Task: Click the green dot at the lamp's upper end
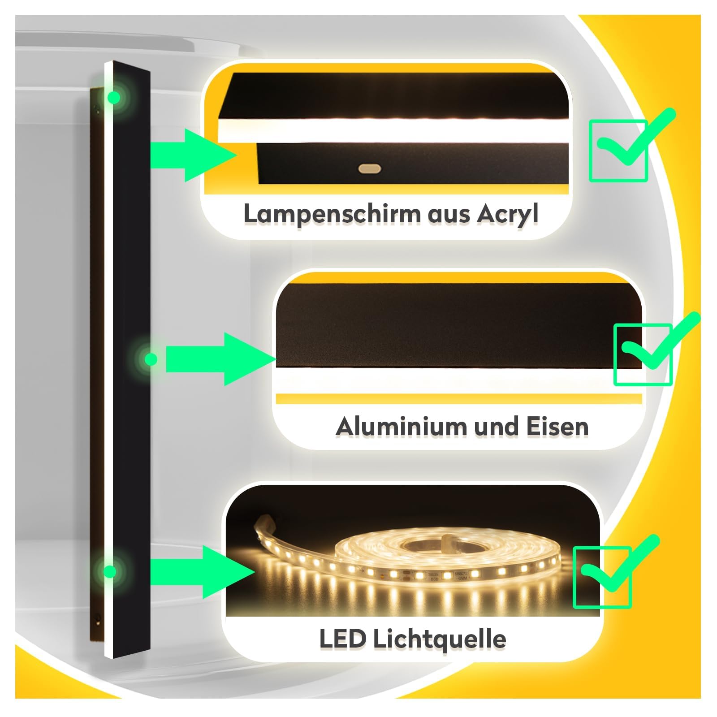coord(115,97)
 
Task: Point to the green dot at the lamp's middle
coord(151,359)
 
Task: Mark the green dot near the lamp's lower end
coord(109,571)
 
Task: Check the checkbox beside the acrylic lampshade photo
coord(618,151)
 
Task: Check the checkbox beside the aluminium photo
coord(643,354)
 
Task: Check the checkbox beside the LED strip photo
coord(602,577)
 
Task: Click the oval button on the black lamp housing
coord(370,169)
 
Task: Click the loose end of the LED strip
coord(262,523)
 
